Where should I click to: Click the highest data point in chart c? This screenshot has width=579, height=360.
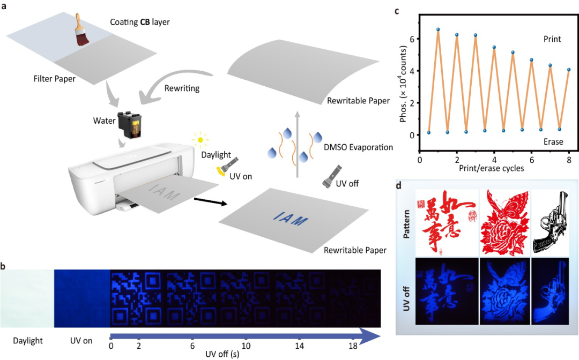click(438, 29)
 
